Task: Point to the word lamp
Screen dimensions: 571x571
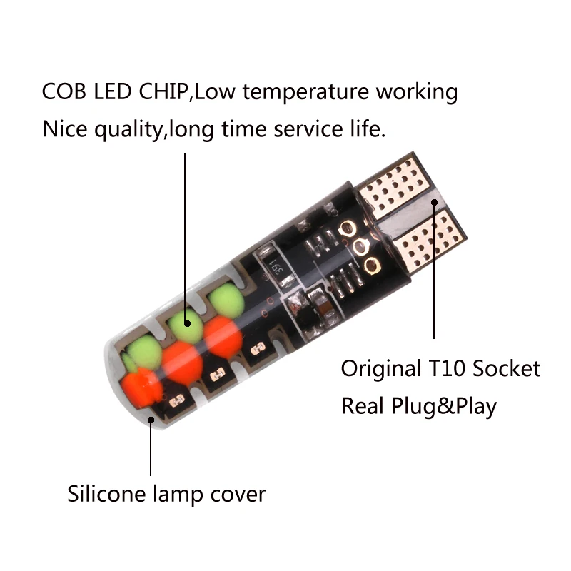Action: click(x=185, y=495)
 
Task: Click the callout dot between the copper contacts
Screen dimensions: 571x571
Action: click(x=434, y=203)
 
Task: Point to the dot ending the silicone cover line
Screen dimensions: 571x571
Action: click(x=151, y=420)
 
